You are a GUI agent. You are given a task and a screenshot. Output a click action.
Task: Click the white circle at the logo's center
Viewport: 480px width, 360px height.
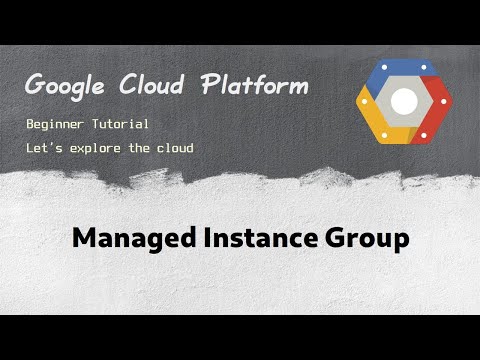tap(403, 102)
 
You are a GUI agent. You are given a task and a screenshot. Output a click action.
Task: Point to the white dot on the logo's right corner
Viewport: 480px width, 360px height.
tap(443, 101)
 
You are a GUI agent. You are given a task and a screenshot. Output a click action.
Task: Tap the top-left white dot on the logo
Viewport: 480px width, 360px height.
tap(383, 67)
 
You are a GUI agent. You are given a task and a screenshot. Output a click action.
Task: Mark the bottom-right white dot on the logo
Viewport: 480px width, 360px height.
tap(423, 135)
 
